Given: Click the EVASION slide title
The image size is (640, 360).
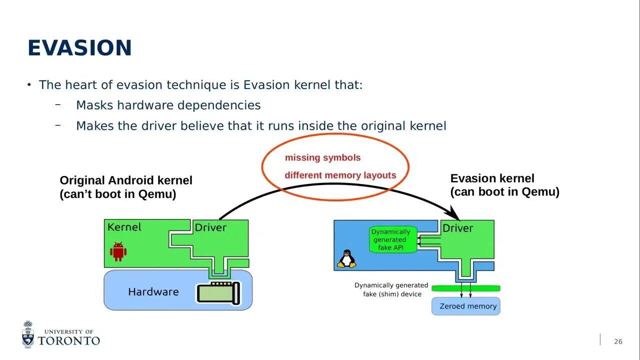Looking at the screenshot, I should [x=79, y=48].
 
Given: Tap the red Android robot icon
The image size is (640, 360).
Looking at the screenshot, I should [x=118, y=251].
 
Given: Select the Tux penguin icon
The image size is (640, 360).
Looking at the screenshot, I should [x=346, y=258].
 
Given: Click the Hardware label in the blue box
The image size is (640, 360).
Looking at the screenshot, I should [x=153, y=291].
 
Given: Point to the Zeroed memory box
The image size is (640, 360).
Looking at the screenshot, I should [x=466, y=306].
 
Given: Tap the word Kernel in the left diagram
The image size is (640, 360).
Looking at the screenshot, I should [x=124, y=227].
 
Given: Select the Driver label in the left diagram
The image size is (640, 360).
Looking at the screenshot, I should [x=210, y=227].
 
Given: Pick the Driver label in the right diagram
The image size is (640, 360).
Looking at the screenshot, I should [x=457, y=228].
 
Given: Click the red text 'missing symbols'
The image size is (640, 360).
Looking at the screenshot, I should [x=322, y=157].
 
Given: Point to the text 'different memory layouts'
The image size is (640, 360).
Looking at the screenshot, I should [x=340, y=175].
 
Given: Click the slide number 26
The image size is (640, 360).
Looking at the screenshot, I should [x=618, y=341].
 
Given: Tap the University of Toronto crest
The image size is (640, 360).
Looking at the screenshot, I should [x=28, y=334].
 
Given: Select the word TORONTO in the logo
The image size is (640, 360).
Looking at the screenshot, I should [x=69, y=340].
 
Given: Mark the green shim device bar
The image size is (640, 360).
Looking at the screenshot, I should [x=465, y=288].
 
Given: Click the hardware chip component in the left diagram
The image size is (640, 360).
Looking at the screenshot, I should [x=218, y=292].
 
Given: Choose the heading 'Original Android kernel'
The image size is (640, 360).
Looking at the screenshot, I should [x=126, y=180].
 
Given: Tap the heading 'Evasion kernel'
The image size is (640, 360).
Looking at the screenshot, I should [x=492, y=178].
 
